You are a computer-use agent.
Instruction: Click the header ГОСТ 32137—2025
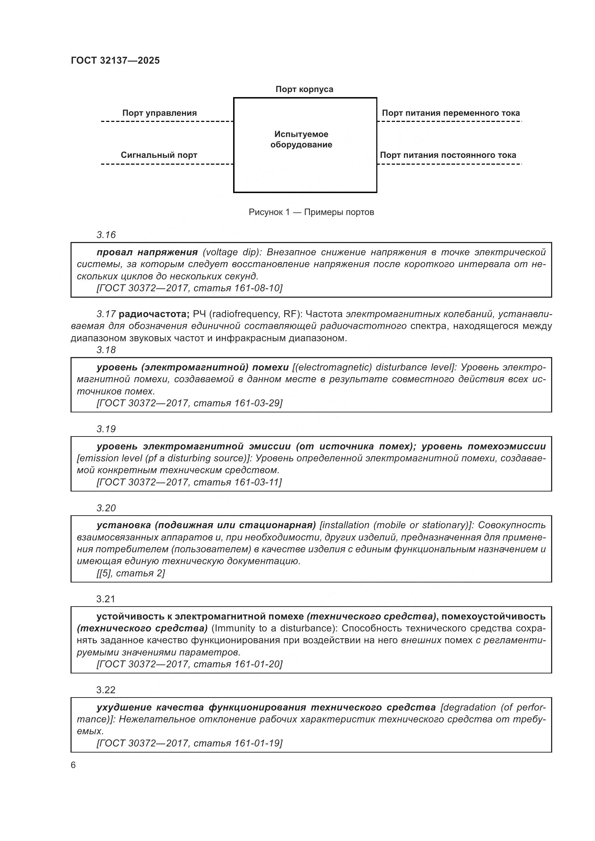(x=115, y=60)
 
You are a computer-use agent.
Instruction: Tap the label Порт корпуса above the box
(x=304, y=90)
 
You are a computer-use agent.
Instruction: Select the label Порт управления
(x=159, y=113)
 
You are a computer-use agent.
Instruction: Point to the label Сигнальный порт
(x=159, y=155)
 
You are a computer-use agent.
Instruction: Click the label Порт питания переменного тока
(x=451, y=113)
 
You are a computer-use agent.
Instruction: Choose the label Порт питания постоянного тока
(x=448, y=155)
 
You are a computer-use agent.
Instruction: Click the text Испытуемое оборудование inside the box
(x=301, y=140)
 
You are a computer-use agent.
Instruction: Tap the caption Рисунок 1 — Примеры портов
(x=311, y=212)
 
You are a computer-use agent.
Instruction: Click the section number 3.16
(x=106, y=235)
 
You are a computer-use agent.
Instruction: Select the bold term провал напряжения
(x=147, y=252)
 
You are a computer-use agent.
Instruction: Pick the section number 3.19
(x=106, y=429)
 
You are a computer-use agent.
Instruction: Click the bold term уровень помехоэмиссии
(x=483, y=446)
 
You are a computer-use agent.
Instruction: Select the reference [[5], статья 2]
(x=131, y=573)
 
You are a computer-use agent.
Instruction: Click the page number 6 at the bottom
(x=73, y=765)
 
